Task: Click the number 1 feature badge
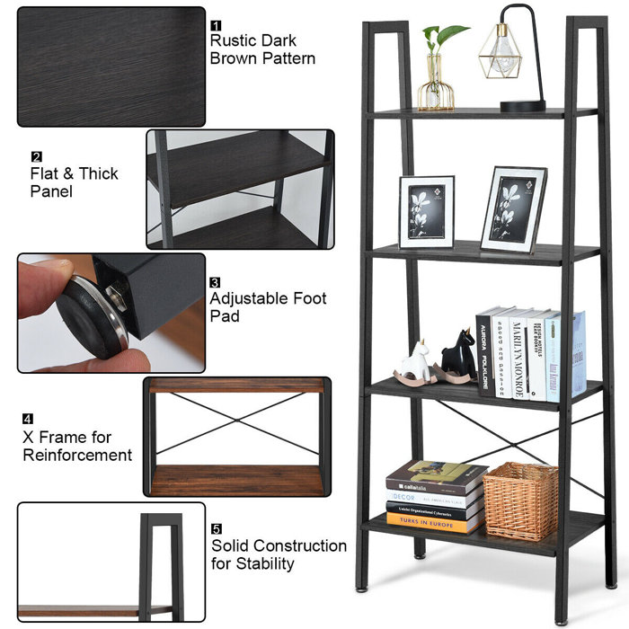(216, 25)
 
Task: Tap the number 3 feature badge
(216, 282)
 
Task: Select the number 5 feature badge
(217, 529)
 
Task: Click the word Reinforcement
(77, 455)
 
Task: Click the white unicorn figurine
(416, 362)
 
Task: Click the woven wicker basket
(520, 501)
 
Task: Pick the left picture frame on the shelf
(426, 212)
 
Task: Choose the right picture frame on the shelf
(513, 209)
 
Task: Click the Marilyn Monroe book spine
(518, 355)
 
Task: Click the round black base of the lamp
(522, 105)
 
